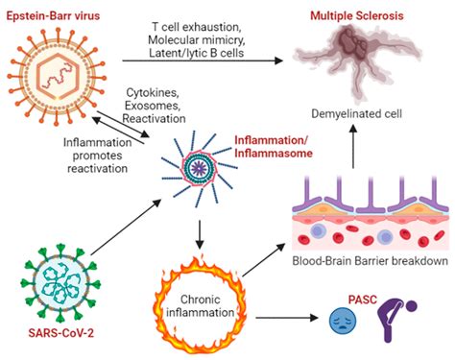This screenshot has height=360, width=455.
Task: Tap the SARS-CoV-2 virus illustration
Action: (59, 284)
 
